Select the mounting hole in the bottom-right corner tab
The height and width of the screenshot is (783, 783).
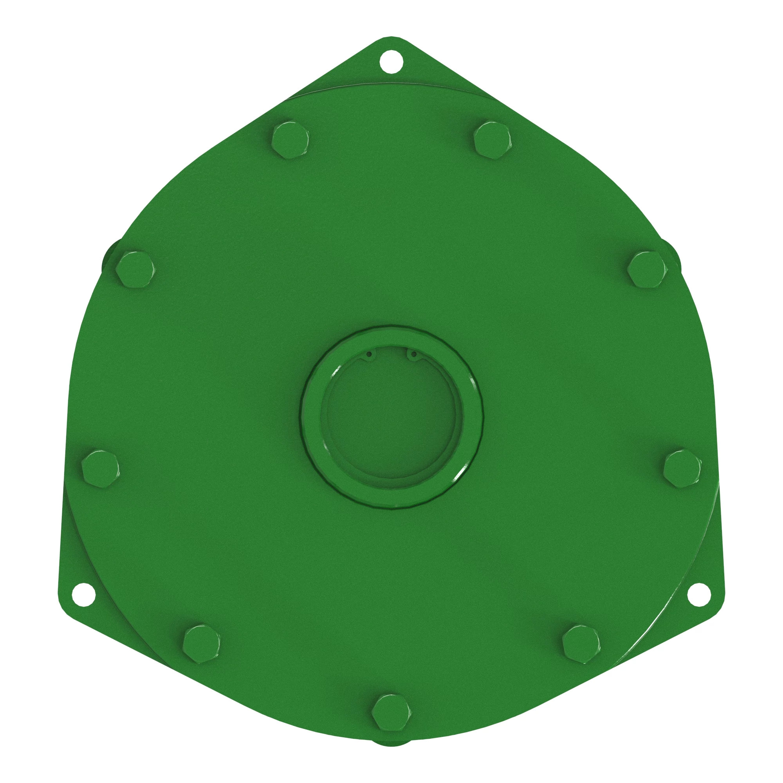(699, 595)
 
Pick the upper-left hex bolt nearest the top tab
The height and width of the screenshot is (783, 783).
(290, 140)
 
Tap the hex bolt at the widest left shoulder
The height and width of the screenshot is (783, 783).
(135, 269)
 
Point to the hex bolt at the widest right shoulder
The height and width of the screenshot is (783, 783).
(647, 269)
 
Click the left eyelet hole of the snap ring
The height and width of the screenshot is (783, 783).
(369, 354)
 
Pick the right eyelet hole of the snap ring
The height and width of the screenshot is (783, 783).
(413, 354)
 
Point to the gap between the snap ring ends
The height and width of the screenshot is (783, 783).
(391, 352)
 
